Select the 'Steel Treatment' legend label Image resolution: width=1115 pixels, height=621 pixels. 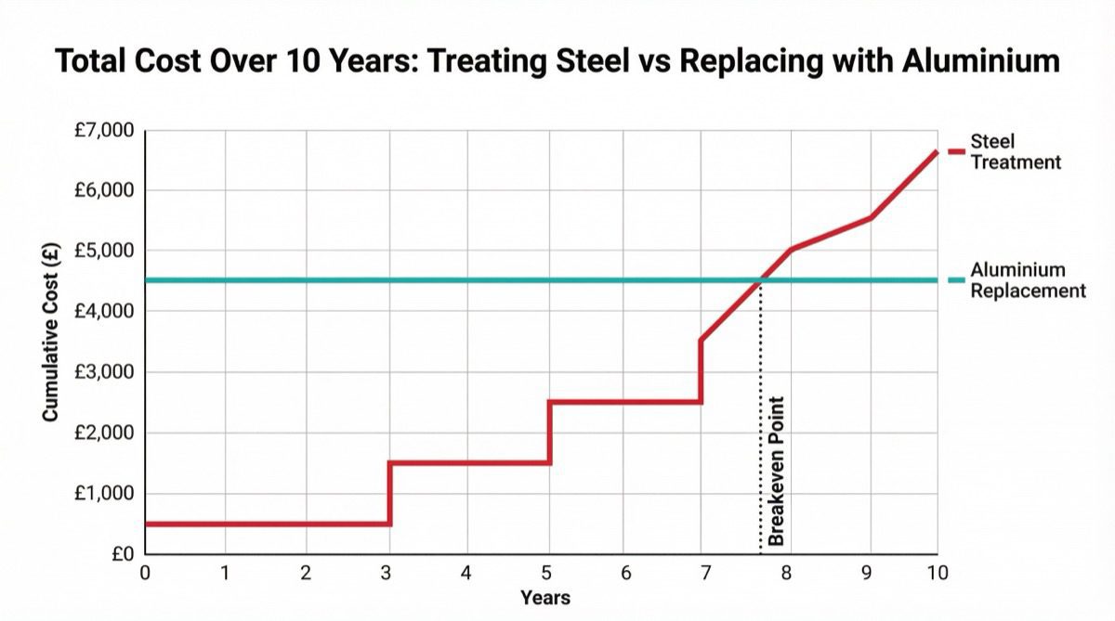tap(1015, 152)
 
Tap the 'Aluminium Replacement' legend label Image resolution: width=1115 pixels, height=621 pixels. tap(1027, 280)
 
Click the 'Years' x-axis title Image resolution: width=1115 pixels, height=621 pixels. tap(544, 598)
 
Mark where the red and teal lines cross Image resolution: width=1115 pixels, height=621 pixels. tap(761, 279)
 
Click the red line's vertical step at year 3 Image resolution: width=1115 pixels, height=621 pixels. tap(389, 493)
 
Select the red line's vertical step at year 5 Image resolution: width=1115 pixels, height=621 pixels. tap(550, 433)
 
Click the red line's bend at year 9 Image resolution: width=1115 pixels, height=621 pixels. tap(871, 218)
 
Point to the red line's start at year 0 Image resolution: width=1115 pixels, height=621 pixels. tap(146, 524)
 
